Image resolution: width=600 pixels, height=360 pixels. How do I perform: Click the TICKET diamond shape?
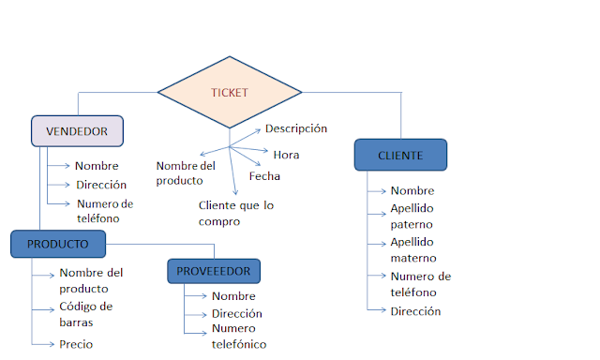coord(230,92)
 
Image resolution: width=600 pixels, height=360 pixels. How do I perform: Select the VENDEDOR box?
coord(77,131)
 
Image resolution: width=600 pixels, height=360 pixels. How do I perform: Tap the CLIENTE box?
coord(400,155)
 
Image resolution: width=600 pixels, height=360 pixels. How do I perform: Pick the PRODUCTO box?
coord(58,244)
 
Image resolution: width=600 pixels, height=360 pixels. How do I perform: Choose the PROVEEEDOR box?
coord(214,271)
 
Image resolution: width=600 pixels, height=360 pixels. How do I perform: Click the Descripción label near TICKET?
coord(296,128)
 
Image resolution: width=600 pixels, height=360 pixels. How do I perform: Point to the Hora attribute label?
coord(286,154)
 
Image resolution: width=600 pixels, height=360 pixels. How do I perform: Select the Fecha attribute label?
coord(264,175)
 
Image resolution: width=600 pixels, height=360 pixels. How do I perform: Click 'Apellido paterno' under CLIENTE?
coord(412,217)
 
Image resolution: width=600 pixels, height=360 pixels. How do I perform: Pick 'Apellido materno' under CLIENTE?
coord(413,249)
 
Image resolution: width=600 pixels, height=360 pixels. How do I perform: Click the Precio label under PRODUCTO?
coord(76,344)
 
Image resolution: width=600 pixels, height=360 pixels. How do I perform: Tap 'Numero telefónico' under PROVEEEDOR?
coord(239,337)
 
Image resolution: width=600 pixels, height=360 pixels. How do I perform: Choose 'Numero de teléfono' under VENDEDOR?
coord(105,211)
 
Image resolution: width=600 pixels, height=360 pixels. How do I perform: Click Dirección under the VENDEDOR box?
coord(101,185)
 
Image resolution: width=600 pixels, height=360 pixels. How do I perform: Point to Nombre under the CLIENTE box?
coord(412,190)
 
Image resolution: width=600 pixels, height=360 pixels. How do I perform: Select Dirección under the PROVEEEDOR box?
coord(236,314)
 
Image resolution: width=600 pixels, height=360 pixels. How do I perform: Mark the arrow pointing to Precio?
coord(43,344)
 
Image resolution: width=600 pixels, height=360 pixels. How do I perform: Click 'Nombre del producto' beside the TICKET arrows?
coord(186,172)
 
